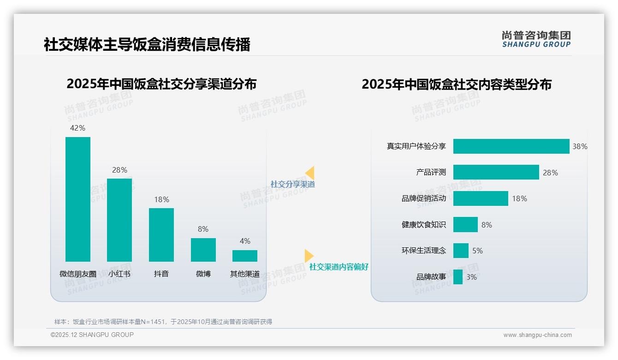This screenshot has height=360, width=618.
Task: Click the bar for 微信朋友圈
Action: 78,199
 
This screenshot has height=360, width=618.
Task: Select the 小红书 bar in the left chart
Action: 119,220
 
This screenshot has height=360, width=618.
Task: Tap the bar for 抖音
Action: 161,234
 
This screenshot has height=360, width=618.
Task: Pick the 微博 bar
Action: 203,250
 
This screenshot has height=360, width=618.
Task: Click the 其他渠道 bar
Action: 245,256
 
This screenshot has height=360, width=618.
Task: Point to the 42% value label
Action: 77,128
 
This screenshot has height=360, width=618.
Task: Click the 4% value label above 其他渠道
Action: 245,241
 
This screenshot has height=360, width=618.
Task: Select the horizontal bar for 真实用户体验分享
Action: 511,146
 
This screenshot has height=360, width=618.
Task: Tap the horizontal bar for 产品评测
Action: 496,172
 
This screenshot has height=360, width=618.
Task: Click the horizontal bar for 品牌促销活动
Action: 481,198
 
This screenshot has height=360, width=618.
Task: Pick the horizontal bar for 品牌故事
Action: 458,277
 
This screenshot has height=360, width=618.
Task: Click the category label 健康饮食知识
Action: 424,225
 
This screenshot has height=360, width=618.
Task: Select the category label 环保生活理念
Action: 424,251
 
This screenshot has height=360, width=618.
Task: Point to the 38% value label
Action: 580,146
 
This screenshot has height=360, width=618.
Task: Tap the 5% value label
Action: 477,251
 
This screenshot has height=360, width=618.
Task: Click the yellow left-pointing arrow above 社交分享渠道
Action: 310,173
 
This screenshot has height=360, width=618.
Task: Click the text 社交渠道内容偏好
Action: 339,267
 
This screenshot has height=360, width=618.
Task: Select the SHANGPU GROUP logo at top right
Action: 536,39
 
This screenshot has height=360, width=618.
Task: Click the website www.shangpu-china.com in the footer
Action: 537,335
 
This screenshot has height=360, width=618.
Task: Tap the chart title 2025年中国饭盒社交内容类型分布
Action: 456,84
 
